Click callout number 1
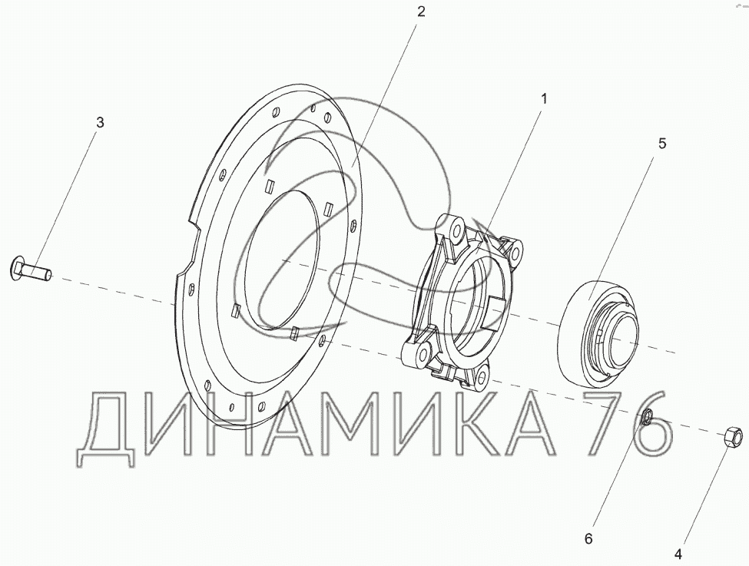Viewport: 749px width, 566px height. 543,99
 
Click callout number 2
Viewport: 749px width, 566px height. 421,12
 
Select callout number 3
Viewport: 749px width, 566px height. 100,122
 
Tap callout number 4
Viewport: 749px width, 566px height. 678,554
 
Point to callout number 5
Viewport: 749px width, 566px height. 662,144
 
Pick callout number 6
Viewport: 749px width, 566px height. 588,539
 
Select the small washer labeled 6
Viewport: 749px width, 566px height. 646,416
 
